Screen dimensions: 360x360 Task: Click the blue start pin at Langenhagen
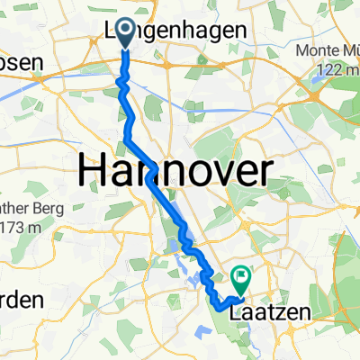(123, 35)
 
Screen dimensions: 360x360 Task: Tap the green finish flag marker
(241, 276)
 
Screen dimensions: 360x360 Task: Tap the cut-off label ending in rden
(20, 300)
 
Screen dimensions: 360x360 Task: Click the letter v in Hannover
(226, 171)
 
